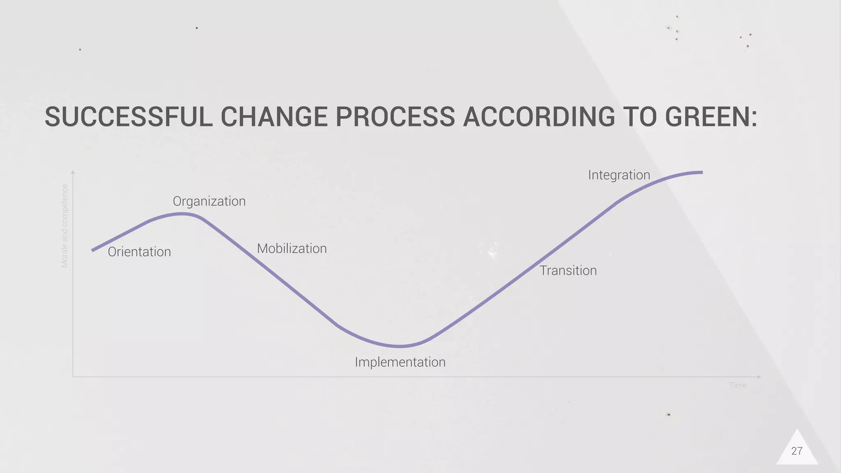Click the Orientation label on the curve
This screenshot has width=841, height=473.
(x=139, y=252)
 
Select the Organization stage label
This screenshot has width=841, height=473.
(x=209, y=201)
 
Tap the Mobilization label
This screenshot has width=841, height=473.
(x=292, y=248)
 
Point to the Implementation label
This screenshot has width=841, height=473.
(x=400, y=362)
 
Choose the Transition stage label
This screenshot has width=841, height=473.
(x=568, y=271)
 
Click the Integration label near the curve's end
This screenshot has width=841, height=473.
(x=619, y=175)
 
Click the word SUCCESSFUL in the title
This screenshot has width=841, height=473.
(x=129, y=117)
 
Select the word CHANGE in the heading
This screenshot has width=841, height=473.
(x=274, y=117)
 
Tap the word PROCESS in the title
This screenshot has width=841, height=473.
(x=395, y=117)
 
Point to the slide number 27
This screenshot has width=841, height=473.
(x=797, y=451)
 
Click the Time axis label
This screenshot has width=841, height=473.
(x=738, y=385)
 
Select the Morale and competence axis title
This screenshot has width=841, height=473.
(x=64, y=226)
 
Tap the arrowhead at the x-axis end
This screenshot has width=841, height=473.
(x=759, y=377)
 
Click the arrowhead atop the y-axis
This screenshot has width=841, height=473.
(x=73, y=172)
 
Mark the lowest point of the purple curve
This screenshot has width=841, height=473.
(x=399, y=346)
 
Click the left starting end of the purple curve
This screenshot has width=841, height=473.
(x=93, y=250)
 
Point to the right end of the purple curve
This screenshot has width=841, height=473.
(x=701, y=172)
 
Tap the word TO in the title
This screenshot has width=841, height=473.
(x=639, y=117)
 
